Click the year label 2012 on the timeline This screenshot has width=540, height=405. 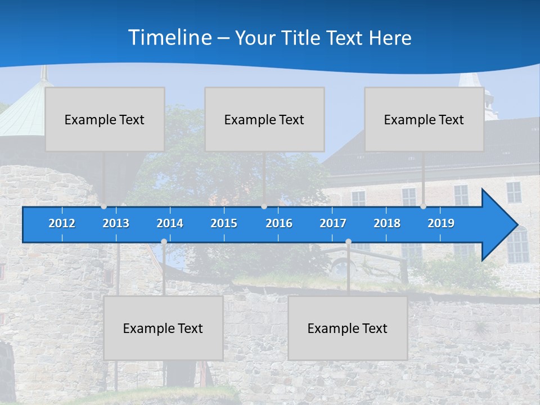tap(62, 223)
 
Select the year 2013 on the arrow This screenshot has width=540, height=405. tap(116, 223)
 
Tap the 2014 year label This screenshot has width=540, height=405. tap(170, 223)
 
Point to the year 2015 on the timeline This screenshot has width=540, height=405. tap(224, 223)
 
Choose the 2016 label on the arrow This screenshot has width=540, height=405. tap(279, 223)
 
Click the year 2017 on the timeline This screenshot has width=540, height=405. tap(333, 223)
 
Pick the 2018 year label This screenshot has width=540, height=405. tap(387, 223)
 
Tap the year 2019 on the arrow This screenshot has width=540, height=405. tap(441, 223)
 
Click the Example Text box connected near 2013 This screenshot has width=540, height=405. tap(105, 119)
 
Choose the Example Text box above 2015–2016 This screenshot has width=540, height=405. tap(264, 119)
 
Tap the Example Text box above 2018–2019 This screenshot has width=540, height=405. tap(424, 119)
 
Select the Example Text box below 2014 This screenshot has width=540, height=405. tap(163, 328)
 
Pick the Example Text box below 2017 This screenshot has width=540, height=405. tap(348, 328)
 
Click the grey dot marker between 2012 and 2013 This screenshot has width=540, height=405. tap(103, 206)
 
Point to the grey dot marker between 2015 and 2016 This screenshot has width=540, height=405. tap(264, 206)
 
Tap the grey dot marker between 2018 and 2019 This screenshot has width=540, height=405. tap(423, 206)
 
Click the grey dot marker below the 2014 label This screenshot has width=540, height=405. tap(164, 242)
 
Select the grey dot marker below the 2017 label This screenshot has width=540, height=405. tap(348, 242)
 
